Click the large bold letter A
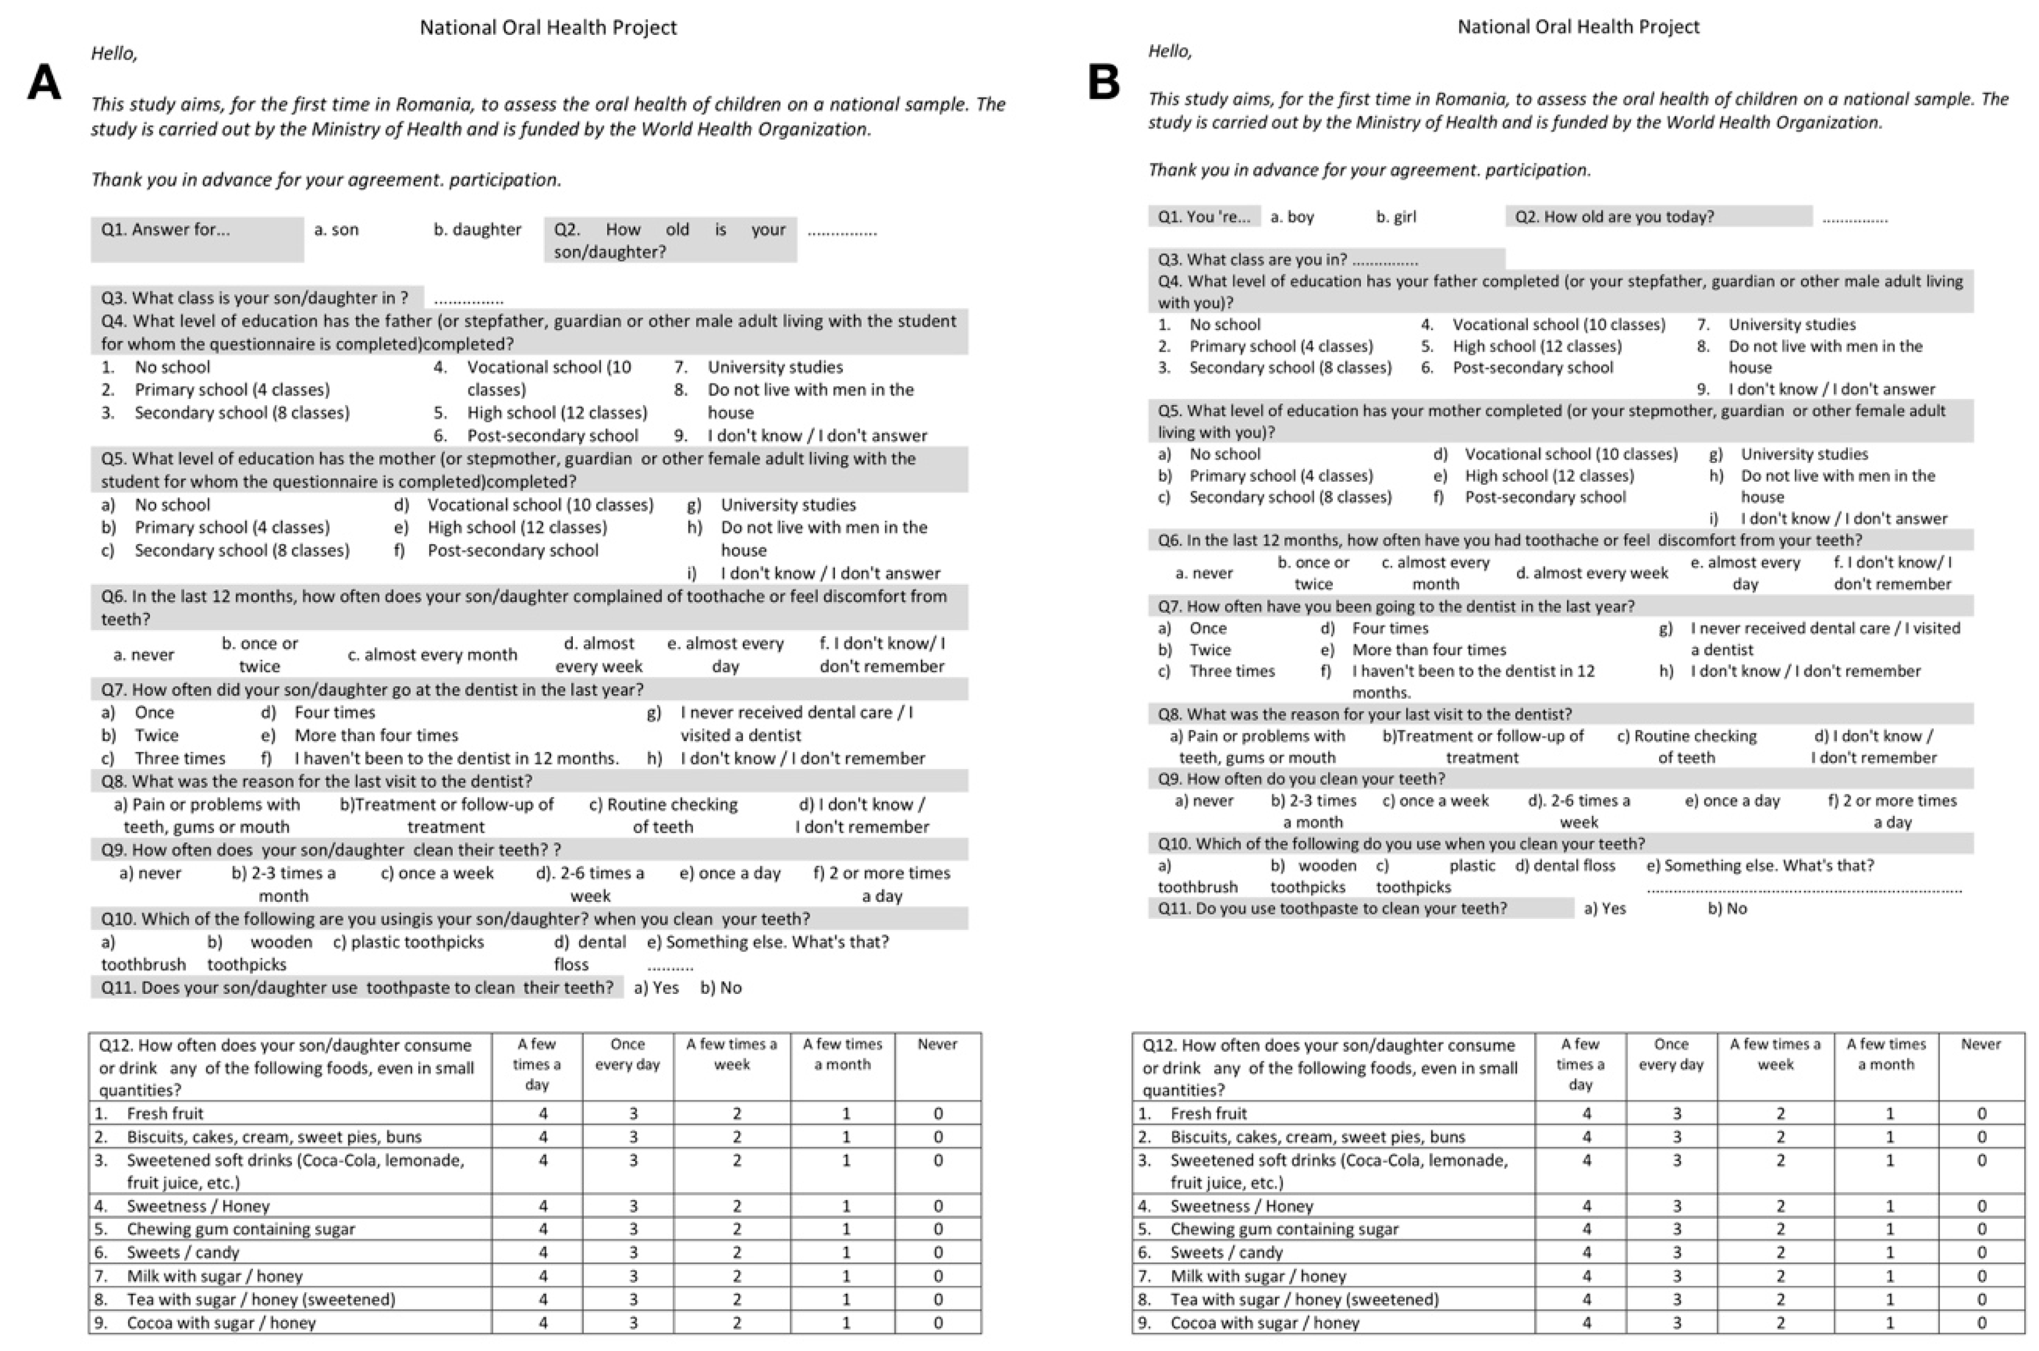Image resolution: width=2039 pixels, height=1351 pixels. tap(45, 84)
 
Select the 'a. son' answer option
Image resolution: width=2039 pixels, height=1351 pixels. tap(336, 230)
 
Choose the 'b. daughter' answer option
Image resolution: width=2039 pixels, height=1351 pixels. tap(477, 230)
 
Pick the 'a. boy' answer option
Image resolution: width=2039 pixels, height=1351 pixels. tap(1292, 217)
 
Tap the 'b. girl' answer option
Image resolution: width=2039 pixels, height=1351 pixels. tap(1396, 217)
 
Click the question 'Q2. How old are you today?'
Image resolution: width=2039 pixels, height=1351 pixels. tap(1614, 217)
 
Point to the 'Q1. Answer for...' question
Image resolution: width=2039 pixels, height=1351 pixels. tap(165, 230)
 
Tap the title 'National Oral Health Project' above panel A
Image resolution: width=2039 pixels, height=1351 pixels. tap(548, 27)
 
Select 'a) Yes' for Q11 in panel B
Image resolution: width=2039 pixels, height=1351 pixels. tap(1605, 908)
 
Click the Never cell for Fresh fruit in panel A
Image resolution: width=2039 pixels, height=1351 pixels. tap(937, 1113)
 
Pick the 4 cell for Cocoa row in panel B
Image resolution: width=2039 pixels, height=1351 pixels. tap(1587, 1322)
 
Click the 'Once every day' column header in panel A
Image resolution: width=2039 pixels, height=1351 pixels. tap(627, 1055)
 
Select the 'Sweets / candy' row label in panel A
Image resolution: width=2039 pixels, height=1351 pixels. tap(183, 1253)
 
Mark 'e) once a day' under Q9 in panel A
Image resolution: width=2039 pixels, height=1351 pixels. tap(730, 873)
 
